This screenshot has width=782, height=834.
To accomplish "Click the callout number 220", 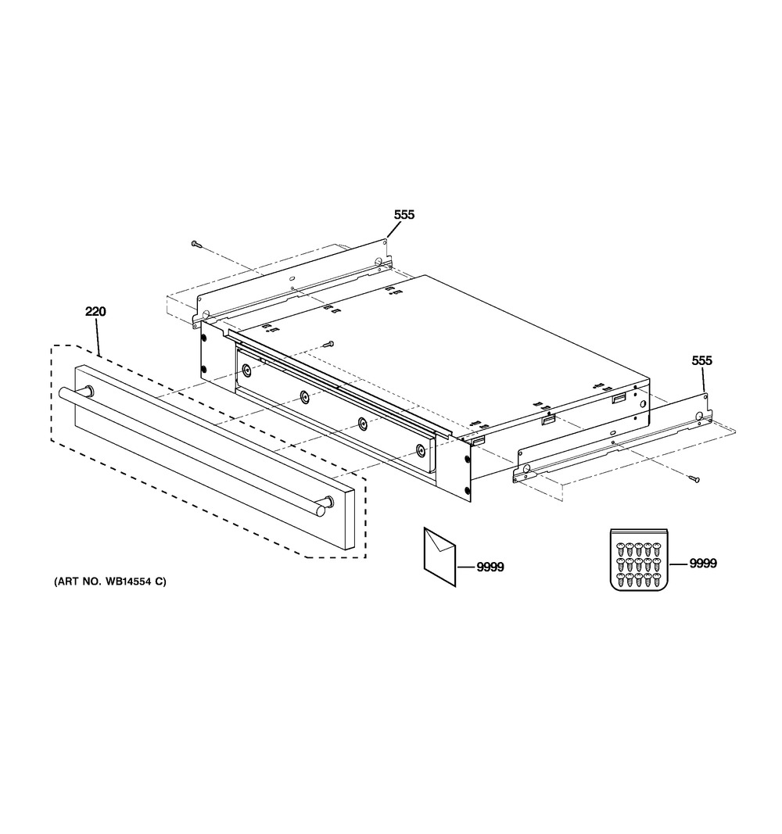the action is (95, 311).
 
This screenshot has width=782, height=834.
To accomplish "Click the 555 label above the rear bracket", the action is (404, 215).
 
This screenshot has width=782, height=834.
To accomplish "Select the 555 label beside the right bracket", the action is (701, 360).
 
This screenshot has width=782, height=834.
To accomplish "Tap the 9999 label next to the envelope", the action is (490, 567).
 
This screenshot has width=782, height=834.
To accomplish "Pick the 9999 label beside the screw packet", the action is (703, 564).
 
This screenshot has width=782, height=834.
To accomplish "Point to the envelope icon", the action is (440, 557).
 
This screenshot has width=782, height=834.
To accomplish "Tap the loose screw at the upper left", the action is (197, 244).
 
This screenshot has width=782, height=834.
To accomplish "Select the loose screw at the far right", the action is (692, 479).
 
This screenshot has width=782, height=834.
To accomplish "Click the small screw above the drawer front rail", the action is (330, 344).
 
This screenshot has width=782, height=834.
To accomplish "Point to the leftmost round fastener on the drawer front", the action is (247, 369).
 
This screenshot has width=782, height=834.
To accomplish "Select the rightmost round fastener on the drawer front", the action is (421, 450).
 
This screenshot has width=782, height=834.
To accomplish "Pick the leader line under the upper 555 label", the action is (395, 230).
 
